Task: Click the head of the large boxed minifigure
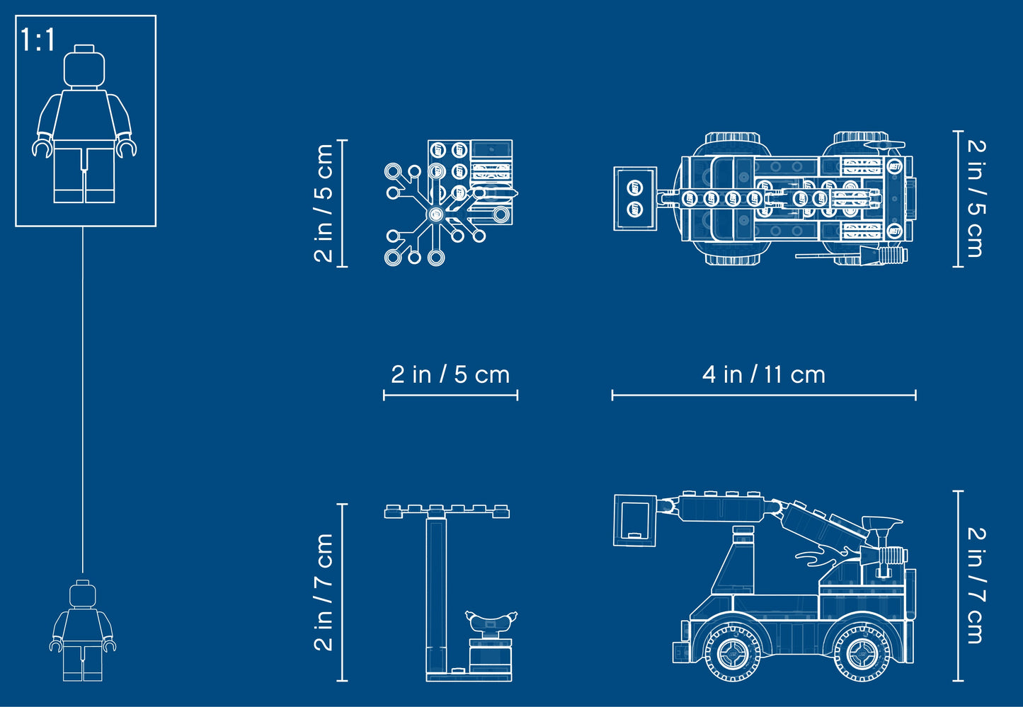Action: pyautogui.click(x=84, y=67)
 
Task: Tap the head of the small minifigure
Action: pyautogui.click(x=83, y=593)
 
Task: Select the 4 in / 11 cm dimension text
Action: pyautogui.click(x=764, y=374)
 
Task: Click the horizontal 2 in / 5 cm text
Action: pyautogui.click(x=450, y=374)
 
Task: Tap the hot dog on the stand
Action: pyautogui.click(x=491, y=621)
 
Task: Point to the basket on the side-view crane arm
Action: pyautogui.click(x=635, y=520)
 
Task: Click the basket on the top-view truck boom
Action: pyautogui.click(x=635, y=199)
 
